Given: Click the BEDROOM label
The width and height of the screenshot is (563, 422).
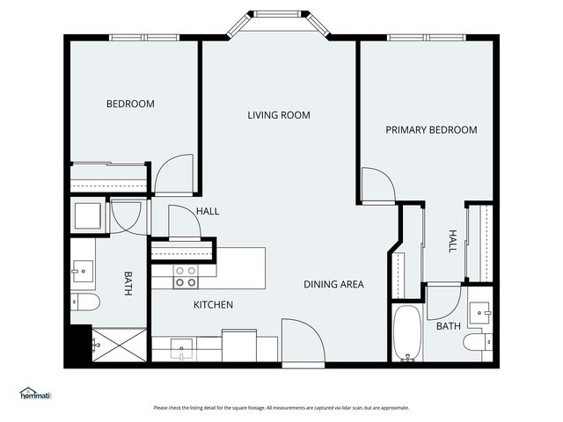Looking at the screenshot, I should pos(130,104).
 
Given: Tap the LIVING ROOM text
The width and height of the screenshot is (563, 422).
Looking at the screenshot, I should pos(278,115).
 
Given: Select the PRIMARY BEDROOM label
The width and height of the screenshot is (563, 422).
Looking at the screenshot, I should pos(431,130).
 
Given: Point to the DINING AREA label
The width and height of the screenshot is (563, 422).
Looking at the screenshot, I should pos(333,284).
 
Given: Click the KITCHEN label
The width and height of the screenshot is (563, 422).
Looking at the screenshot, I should pos(213,305).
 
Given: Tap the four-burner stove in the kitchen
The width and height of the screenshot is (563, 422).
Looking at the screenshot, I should pos(185,277).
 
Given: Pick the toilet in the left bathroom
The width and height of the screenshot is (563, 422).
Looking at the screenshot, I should pos(85,302).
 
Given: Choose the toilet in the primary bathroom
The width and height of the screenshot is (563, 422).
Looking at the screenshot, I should pos(479,342).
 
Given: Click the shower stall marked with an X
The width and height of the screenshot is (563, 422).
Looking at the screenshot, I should pos(119,346).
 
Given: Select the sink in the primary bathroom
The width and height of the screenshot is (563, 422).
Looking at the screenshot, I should pos(479,309).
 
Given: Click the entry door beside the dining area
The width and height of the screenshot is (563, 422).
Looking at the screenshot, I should pos(303,340).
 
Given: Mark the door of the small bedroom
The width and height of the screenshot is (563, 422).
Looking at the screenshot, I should pos(173,175).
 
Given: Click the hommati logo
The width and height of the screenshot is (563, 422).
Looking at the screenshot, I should pos(35,394).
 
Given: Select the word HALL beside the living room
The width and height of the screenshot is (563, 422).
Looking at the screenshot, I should pos(208,211).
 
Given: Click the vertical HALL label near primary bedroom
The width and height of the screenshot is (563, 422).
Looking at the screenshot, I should pos(452,241).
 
